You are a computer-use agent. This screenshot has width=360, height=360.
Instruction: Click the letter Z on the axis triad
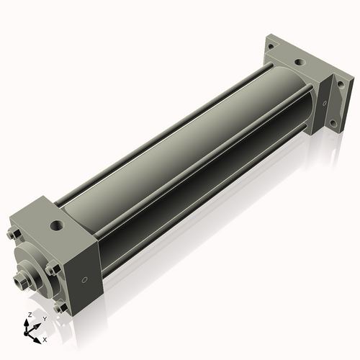pos(29,315)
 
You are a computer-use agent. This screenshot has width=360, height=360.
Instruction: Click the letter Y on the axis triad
pos(45,318)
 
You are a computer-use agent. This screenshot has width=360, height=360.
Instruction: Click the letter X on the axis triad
pos(45,338)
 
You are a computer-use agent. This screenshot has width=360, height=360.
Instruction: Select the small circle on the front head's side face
pos(85,279)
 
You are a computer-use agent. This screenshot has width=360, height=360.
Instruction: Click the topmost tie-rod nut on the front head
pos(14,235)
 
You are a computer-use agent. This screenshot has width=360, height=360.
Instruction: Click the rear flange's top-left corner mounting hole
pos(271,45)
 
